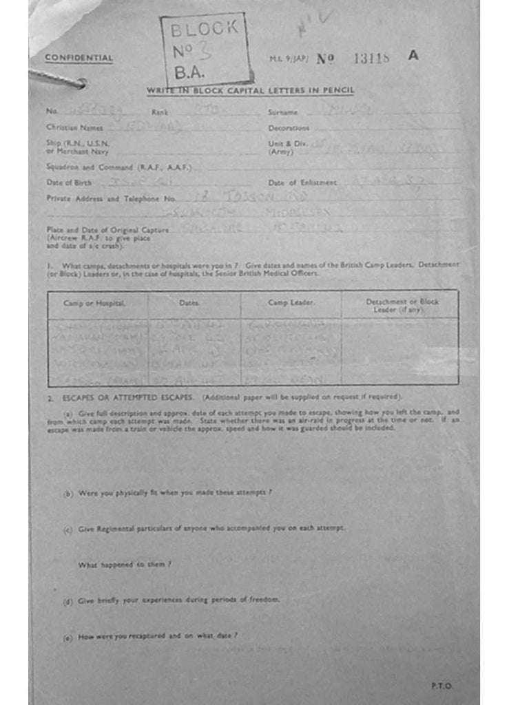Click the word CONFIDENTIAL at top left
click(x=79, y=58)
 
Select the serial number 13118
click(x=371, y=59)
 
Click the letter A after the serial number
click(x=413, y=56)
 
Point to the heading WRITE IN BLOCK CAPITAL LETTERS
click(x=251, y=91)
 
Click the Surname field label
click(x=282, y=112)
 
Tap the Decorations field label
click(x=289, y=128)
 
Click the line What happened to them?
click(x=125, y=565)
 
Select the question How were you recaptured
click(x=158, y=636)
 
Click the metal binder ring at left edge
click(x=59, y=80)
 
